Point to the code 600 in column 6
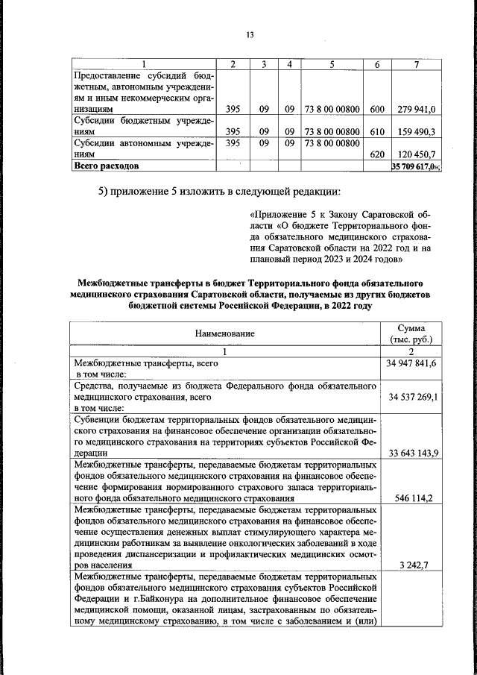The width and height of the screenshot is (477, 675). [376, 110]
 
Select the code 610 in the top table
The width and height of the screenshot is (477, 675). [376, 131]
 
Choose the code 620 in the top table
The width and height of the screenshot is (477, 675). [376, 154]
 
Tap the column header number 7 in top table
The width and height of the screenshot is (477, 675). [417, 64]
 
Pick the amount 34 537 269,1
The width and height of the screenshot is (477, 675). [411, 397]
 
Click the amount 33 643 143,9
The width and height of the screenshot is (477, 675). [411, 453]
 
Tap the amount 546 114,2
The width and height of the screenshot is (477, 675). [411, 497]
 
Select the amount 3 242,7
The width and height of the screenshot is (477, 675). [411, 565]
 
